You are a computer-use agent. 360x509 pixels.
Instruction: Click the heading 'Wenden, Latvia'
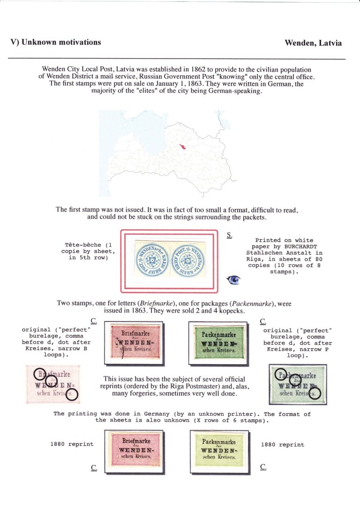(x=313, y=43)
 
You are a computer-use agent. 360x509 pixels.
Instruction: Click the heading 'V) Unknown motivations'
(x=56, y=42)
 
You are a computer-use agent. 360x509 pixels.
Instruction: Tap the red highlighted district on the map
(x=181, y=146)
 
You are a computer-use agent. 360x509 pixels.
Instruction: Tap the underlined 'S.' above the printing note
(x=229, y=234)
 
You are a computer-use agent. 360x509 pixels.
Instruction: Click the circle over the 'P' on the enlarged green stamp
(x=281, y=374)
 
